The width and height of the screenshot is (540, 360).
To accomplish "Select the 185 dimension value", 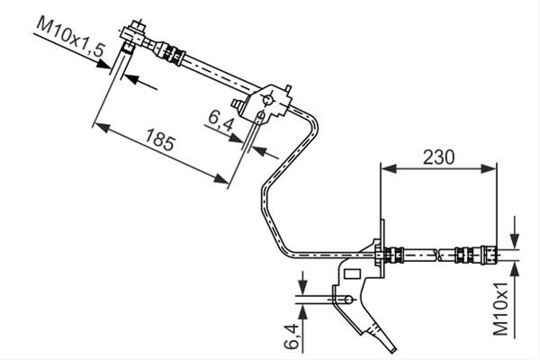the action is point(160,139).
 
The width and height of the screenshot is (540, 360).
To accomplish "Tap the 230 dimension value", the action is point(438,157).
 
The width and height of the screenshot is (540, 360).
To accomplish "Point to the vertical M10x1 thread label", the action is point(500,309).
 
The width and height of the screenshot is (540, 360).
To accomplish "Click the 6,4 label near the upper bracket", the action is point(220,121).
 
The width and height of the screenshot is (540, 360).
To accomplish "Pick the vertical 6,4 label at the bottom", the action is point(292,336).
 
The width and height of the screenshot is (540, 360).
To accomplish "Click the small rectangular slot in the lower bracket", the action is point(352,274).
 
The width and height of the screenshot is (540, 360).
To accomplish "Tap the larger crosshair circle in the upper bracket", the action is point(267,101).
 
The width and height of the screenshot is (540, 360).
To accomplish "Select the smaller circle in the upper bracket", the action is point(261,114).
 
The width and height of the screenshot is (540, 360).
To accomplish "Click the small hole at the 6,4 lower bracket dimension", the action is point(349,300).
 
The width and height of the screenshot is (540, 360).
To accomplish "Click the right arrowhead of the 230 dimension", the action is point(490,169).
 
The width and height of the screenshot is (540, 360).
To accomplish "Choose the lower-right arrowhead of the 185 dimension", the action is point(220,179).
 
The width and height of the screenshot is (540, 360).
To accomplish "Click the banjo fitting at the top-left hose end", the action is point(134,35).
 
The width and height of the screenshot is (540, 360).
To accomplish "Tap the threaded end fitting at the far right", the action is point(489,256).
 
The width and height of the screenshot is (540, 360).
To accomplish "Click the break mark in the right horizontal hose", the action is point(438,256).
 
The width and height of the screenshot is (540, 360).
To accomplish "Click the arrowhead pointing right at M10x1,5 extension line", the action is point(103,64).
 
